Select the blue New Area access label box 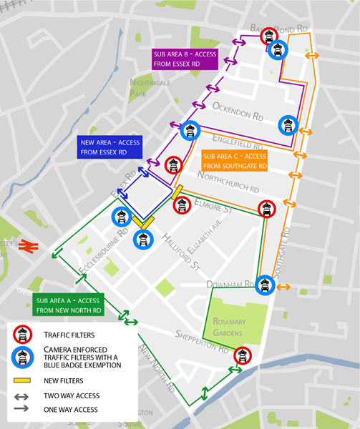(x=104, y=147)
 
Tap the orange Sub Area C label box (x=235, y=161)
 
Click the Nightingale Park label (x=147, y=88)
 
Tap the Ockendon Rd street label (x=238, y=110)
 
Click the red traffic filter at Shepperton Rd (x=243, y=355)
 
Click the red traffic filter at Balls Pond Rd (x=269, y=35)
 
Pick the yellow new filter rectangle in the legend (x=24, y=380)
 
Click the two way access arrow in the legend (x=24, y=395)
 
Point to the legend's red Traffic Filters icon (x=24, y=334)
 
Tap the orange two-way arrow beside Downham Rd (x=283, y=287)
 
